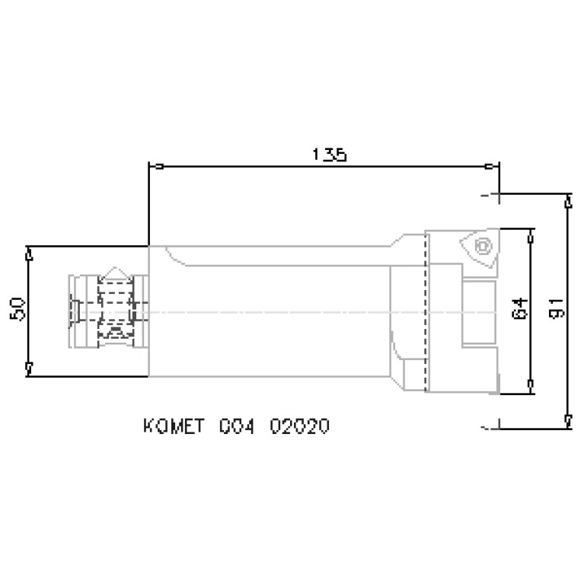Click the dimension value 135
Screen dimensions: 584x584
[329, 155]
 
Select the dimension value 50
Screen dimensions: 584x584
[19, 308]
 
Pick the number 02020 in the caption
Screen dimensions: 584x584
[300, 426]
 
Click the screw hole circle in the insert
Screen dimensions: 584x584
[480, 247]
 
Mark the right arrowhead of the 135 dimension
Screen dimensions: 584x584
[492, 166]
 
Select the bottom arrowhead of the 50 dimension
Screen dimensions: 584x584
[29, 369]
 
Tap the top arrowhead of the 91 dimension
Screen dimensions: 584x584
[568, 203]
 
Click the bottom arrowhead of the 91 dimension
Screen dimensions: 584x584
[568, 418]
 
